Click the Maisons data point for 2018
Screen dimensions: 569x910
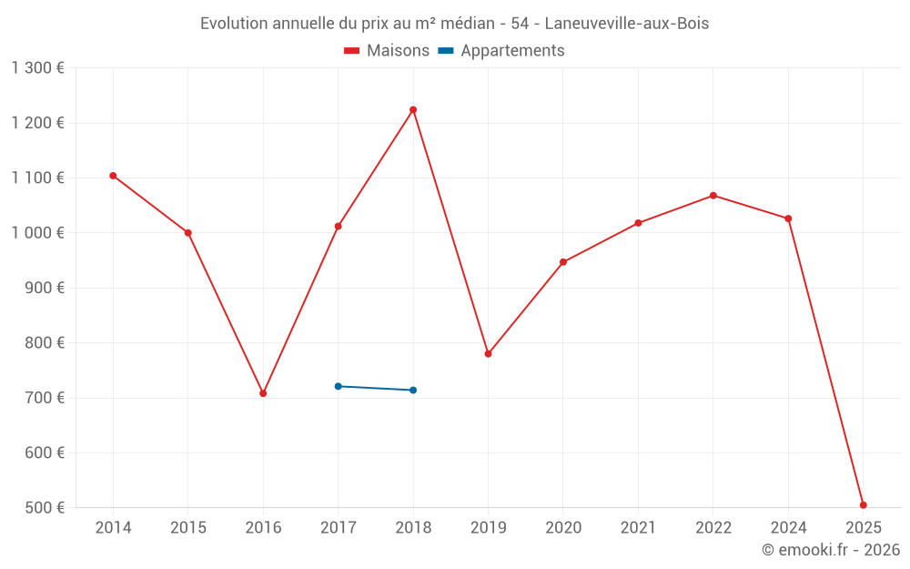pos(413,110)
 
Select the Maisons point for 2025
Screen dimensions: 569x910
pos(863,505)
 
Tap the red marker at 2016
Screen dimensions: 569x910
pos(263,393)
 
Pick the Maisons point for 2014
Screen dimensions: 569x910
pos(113,176)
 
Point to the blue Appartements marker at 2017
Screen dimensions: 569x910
pos(338,386)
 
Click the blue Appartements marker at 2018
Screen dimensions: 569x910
pos(413,391)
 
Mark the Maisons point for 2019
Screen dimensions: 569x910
pos(488,354)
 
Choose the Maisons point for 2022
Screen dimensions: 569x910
pos(713,196)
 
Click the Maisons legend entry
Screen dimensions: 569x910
pos(387,51)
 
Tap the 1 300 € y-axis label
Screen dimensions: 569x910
pos(37,68)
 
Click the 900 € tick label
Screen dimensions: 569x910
pos(45,289)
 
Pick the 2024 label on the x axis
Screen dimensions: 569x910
pos(788,528)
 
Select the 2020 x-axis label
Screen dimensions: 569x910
pos(563,528)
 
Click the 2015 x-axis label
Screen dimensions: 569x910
pos(188,528)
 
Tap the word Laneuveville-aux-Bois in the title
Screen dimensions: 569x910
pos(626,24)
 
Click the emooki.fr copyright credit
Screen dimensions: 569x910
pos(831,550)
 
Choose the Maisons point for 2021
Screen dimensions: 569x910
pos(638,223)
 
